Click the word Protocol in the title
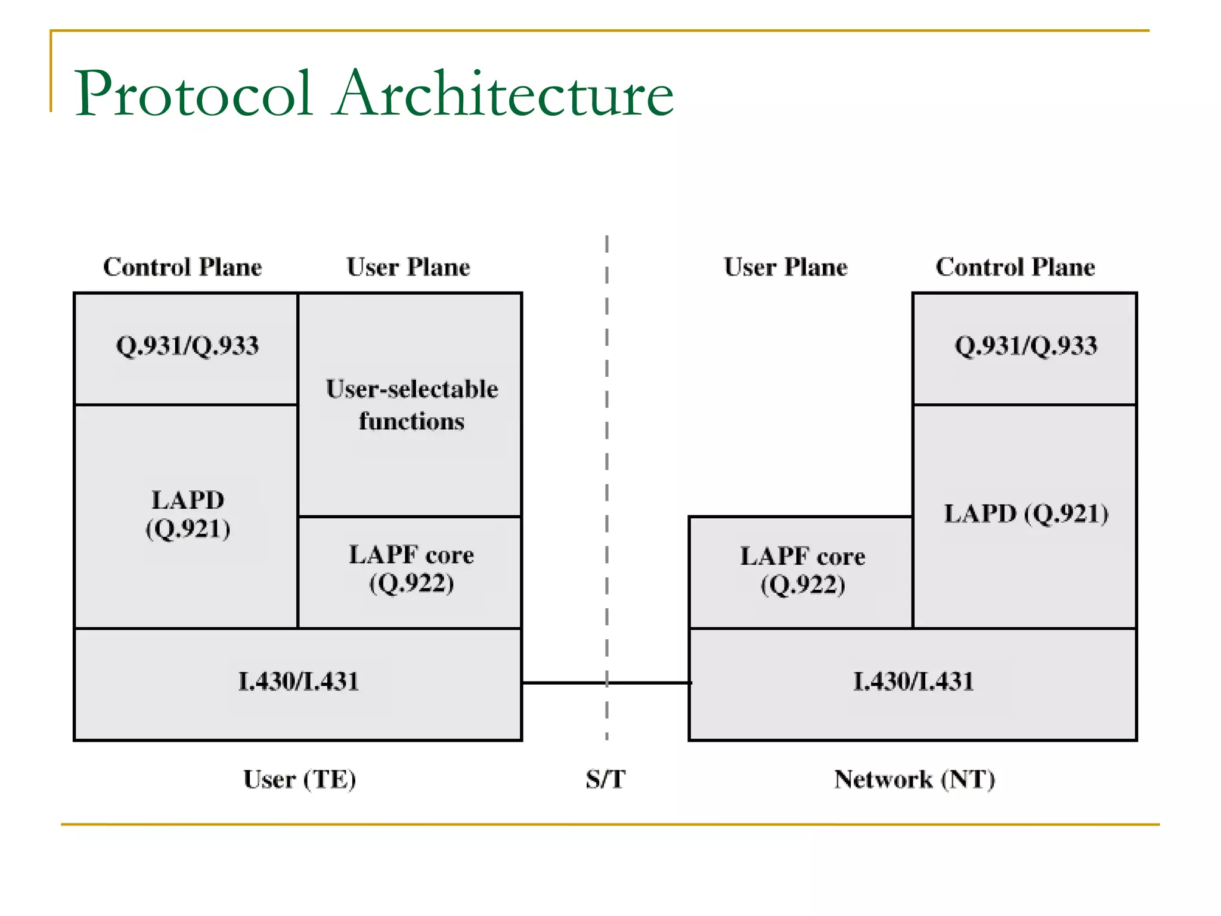click(194, 94)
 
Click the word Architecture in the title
click(504, 94)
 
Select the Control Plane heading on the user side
click(182, 267)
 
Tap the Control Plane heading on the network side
click(1015, 267)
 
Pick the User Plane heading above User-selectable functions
click(408, 267)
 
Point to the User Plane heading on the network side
click(785, 267)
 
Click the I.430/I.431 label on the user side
click(298, 682)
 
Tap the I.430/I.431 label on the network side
click(913, 682)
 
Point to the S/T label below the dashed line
click(605, 779)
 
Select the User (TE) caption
click(299, 779)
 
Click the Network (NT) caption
click(914, 779)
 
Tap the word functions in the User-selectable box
click(411, 422)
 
